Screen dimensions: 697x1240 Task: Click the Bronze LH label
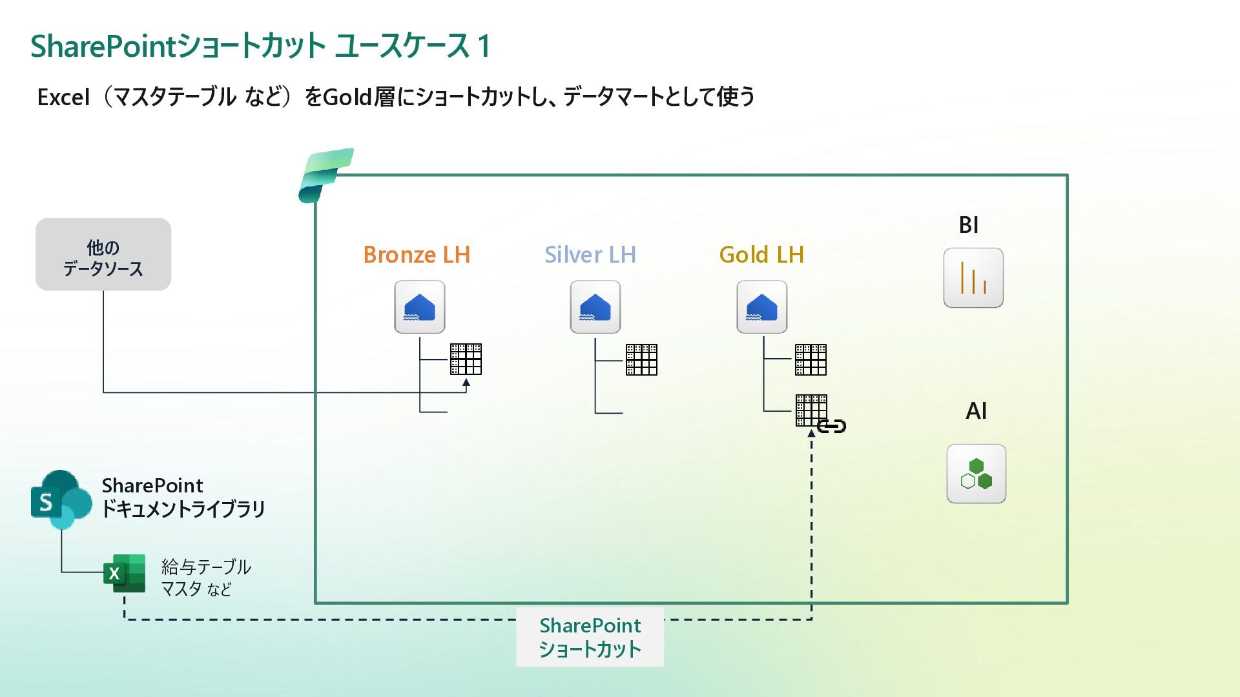[x=417, y=255]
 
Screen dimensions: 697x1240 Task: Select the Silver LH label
[x=590, y=255]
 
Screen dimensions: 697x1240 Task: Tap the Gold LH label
[x=761, y=255]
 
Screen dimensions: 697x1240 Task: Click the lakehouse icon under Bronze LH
[x=420, y=307]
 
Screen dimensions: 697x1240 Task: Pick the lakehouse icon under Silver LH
[x=595, y=307]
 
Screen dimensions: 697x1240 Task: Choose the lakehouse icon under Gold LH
[x=762, y=307]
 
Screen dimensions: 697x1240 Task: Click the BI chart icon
[x=973, y=278]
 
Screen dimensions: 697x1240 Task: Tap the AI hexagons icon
[x=976, y=474]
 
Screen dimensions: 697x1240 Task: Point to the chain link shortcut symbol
[x=832, y=426]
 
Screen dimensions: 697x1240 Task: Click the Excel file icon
[x=124, y=573]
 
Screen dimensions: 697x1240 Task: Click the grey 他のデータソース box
[x=103, y=254]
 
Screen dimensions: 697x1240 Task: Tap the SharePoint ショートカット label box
[x=590, y=637]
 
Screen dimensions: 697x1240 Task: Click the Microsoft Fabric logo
[x=325, y=175]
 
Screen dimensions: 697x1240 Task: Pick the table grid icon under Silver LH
[x=641, y=359]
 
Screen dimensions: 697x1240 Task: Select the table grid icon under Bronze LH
[x=466, y=359]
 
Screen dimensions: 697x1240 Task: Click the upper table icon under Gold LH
[x=811, y=359]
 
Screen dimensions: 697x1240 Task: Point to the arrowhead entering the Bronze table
[x=466, y=383]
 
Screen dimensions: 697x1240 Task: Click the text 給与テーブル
[x=206, y=567]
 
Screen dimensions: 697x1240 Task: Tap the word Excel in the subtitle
[x=63, y=97]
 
